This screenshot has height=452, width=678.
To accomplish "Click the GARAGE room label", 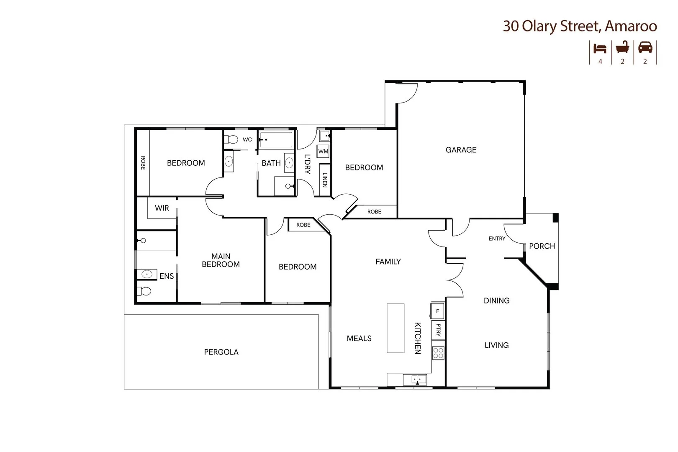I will (x=461, y=150).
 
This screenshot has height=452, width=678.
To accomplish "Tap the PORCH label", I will (x=542, y=246).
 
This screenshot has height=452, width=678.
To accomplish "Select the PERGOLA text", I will (x=221, y=352).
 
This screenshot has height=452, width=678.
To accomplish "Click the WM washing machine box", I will (x=323, y=151).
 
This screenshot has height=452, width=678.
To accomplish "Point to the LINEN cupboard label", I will (x=324, y=180).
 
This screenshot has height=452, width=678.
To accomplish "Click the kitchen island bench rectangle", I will (x=395, y=329).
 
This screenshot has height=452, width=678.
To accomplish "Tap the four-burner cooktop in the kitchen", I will (x=438, y=353).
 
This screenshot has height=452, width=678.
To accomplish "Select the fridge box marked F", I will (x=437, y=311).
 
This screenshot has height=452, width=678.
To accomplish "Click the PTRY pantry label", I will (x=438, y=330).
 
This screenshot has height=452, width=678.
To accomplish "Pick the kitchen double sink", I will (x=415, y=380).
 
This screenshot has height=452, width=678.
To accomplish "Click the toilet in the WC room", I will (x=231, y=139).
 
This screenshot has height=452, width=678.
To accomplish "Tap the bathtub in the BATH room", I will (x=276, y=139).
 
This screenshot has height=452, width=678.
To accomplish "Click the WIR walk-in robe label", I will (x=162, y=208).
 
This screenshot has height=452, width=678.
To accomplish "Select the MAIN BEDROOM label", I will (x=221, y=260).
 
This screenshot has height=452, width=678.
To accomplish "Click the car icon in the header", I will (x=645, y=48).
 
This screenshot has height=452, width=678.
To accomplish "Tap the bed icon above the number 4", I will (x=600, y=48).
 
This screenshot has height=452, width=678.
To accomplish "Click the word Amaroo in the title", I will (x=631, y=26).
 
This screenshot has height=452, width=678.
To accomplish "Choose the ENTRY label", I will (x=497, y=239).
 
